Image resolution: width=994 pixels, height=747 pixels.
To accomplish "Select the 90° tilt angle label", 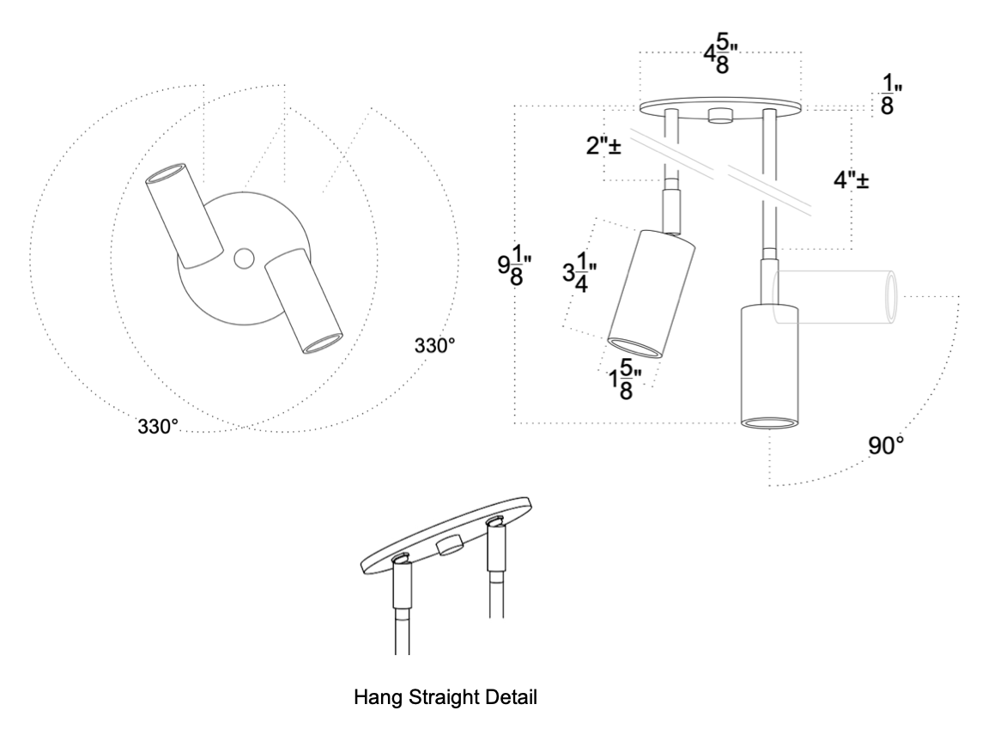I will pos(888,446).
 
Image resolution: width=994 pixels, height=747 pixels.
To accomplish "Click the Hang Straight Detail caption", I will pos(445,698).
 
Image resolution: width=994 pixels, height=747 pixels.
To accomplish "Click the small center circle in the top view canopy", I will pos(243,257).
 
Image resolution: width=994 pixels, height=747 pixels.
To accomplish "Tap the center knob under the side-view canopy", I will pos(719,117).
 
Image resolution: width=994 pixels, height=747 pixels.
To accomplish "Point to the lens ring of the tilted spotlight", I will pos(636,347).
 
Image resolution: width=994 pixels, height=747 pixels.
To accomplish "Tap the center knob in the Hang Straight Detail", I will pos(451,545).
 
